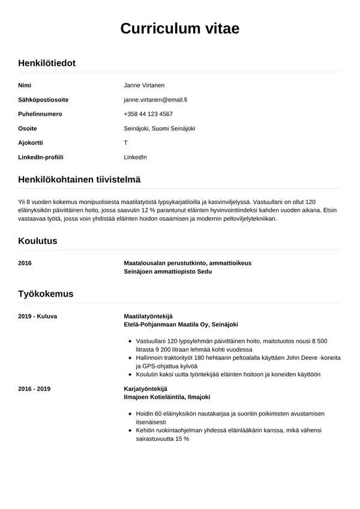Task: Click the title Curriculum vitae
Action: [x=180, y=28]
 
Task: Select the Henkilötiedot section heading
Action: [x=47, y=63]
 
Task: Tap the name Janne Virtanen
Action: [x=144, y=85]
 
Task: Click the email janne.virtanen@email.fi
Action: [x=155, y=100]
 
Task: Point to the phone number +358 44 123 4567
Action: [x=148, y=114]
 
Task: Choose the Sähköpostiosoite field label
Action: [x=43, y=100]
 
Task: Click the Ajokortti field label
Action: [x=31, y=143]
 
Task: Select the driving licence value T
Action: [x=126, y=143]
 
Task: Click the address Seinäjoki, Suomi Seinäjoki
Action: [x=160, y=128]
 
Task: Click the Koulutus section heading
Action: [x=38, y=241]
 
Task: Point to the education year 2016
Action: [x=25, y=263]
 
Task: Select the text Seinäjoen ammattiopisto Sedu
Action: [x=167, y=271]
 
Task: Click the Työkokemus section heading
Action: [x=46, y=294]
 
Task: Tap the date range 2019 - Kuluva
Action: [x=38, y=316]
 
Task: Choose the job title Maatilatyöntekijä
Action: [x=148, y=316]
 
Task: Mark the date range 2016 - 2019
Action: [x=34, y=389]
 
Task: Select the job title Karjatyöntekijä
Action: [x=145, y=389]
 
